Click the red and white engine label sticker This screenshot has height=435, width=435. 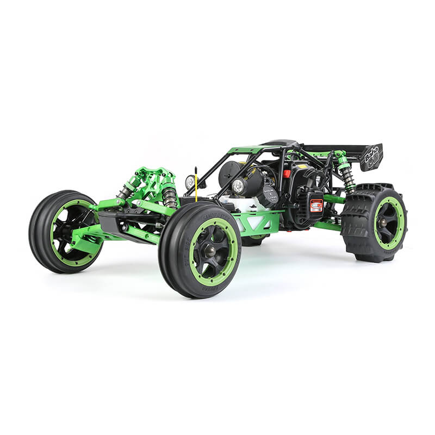click(x=316, y=205)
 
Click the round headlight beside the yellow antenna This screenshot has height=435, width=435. click(x=190, y=182)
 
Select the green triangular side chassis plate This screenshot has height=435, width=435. click(x=256, y=223)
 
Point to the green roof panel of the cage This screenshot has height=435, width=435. click(x=245, y=150)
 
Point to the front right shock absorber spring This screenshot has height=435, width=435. click(x=169, y=196)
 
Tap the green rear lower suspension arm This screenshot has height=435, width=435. click(x=326, y=225)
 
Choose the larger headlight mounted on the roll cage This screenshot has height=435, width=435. click(x=238, y=187)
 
